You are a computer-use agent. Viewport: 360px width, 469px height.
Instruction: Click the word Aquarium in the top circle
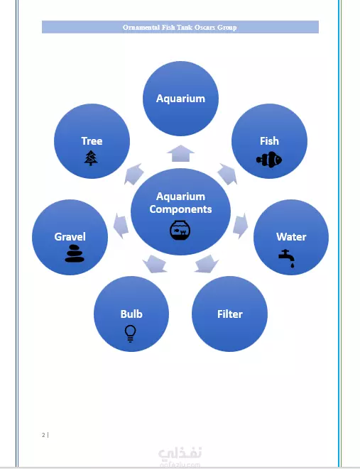point(180,99)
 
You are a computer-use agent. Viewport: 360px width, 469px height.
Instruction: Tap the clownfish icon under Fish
point(269,160)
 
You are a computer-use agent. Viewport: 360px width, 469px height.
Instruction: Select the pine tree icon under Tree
point(91,158)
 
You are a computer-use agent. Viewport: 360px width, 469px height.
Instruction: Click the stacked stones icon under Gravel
point(75,253)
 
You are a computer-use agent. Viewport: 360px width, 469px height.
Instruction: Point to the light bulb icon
point(130,333)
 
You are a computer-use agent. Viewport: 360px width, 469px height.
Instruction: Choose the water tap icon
point(287,258)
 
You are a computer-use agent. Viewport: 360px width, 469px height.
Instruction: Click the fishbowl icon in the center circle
point(180,231)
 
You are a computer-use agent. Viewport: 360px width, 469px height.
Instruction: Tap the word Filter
point(230,314)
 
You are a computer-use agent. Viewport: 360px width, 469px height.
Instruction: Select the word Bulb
point(131,314)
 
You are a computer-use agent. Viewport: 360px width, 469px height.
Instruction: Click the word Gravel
point(70,237)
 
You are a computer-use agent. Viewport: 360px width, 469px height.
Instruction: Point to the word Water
point(291,237)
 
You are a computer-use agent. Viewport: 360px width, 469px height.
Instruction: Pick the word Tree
point(92,141)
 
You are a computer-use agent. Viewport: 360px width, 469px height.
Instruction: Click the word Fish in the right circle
point(269,141)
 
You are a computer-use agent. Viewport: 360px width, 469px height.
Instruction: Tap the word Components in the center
point(180,209)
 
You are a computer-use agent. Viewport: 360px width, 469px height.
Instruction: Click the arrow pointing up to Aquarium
point(180,153)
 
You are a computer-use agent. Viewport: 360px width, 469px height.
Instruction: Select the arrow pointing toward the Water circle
point(240,226)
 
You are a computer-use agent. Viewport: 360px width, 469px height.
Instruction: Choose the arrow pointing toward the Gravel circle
point(121,226)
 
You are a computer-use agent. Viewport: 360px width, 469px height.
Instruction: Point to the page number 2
point(43,435)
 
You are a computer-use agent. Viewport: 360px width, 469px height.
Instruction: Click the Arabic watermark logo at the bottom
point(180,455)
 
